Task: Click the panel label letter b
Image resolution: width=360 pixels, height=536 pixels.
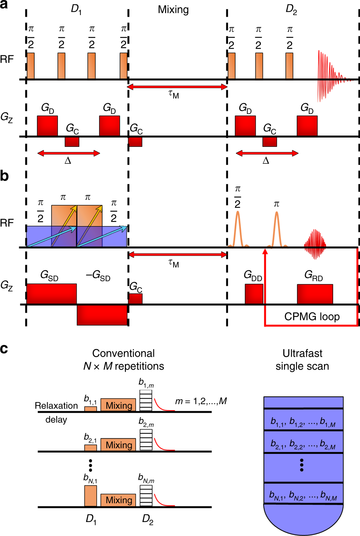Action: (x=4, y=176)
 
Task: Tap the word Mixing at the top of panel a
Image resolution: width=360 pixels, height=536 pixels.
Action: (x=173, y=10)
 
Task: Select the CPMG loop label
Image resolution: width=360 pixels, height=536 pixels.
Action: (x=312, y=317)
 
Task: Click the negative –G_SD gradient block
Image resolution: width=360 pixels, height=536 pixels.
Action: (x=102, y=315)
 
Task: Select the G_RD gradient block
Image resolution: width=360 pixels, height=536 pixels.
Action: (x=315, y=294)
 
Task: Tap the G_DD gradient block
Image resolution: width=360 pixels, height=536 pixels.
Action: (x=254, y=294)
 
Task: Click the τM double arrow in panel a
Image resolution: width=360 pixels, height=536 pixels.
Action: (x=177, y=87)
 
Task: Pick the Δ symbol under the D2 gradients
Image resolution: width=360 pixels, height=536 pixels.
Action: (x=266, y=161)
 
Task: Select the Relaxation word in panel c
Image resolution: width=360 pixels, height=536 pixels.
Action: (x=56, y=405)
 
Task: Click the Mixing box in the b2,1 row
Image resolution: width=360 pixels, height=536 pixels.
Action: (x=118, y=445)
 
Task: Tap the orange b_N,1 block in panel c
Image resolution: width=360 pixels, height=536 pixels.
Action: (x=91, y=496)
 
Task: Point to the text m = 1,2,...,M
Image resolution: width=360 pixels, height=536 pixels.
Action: (x=201, y=401)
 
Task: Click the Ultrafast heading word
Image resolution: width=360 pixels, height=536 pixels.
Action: (x=302, y=353)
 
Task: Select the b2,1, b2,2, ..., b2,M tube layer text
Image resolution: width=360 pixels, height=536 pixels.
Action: (x=303, y=444)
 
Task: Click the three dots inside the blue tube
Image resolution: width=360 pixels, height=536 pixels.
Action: (x=302, y=465)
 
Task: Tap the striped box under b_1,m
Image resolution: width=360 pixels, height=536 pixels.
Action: (x=146, y=400)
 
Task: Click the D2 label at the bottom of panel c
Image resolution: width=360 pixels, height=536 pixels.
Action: (x=147, y=519)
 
